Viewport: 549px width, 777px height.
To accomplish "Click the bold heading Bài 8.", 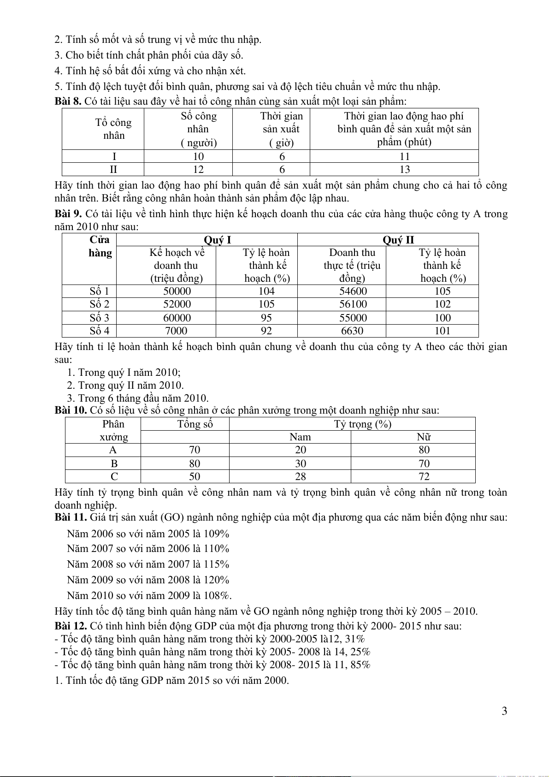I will (68, 101).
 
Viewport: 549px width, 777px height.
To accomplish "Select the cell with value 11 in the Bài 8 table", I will (404, 156).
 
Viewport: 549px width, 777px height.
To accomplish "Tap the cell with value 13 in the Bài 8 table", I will (404, 169).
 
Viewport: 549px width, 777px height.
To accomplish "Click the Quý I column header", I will (217, 240).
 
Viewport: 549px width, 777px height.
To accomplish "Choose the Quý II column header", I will (398, 240).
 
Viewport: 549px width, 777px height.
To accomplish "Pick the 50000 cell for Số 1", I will (177, 291).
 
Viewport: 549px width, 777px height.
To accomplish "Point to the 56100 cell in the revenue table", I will (353, 304).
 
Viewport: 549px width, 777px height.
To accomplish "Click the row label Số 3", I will (99, 318).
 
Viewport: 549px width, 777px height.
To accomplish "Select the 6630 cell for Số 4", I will (352, 331).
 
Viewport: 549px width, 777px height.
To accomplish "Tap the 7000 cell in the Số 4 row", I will (176, 331).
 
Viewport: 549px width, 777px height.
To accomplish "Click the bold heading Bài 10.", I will (71, 410).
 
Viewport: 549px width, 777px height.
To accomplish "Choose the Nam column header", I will (300, 437).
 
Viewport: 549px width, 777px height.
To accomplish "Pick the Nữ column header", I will (424, 437).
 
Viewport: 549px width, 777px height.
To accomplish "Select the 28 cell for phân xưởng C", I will (300, 476).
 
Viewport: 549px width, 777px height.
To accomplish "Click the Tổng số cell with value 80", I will (195, 463).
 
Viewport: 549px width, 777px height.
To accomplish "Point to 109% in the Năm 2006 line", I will (216, 534).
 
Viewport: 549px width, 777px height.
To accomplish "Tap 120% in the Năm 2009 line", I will (216, 580).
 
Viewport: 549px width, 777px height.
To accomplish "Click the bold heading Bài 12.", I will (71, 626).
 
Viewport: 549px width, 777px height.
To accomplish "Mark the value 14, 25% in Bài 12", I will (353, 652).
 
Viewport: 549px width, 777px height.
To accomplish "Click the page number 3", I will (504, 711).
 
